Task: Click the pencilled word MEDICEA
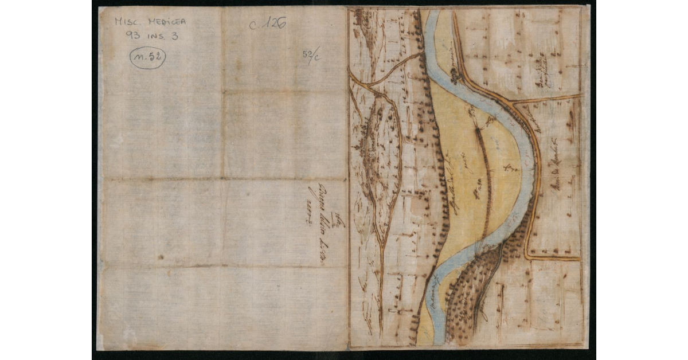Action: coord(167,22)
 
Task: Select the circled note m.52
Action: coord(147,57)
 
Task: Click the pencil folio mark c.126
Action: coord(267,23)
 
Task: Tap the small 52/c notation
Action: coord(311,56)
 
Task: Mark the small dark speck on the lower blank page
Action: coord(161,257)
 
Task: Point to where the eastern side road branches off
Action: coord(514,104)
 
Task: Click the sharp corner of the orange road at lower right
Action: coord(527,257)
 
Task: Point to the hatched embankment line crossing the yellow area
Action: coord(484,172)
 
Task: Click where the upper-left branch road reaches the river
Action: coord(423,53)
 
